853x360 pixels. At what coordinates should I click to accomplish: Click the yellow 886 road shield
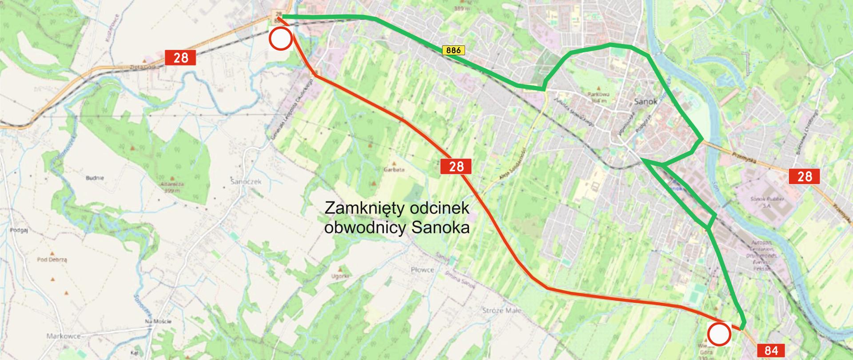point(453,51)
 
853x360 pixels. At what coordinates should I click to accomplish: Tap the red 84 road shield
point(772,351)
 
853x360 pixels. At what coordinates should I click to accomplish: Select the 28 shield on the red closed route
point(456,166)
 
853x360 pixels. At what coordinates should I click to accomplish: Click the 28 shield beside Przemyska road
point(805,176)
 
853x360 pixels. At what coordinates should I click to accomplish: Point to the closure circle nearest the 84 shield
point(718,335)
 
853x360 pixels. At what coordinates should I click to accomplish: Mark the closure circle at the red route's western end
point(280,38)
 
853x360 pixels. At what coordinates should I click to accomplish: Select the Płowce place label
point(422,270)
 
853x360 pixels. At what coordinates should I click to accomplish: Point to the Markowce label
point(63,336)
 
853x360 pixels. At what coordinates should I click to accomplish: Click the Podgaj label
point(18,230)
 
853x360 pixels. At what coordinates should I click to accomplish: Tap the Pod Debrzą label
point(52,260)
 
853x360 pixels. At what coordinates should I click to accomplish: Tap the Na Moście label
point(158,321)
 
